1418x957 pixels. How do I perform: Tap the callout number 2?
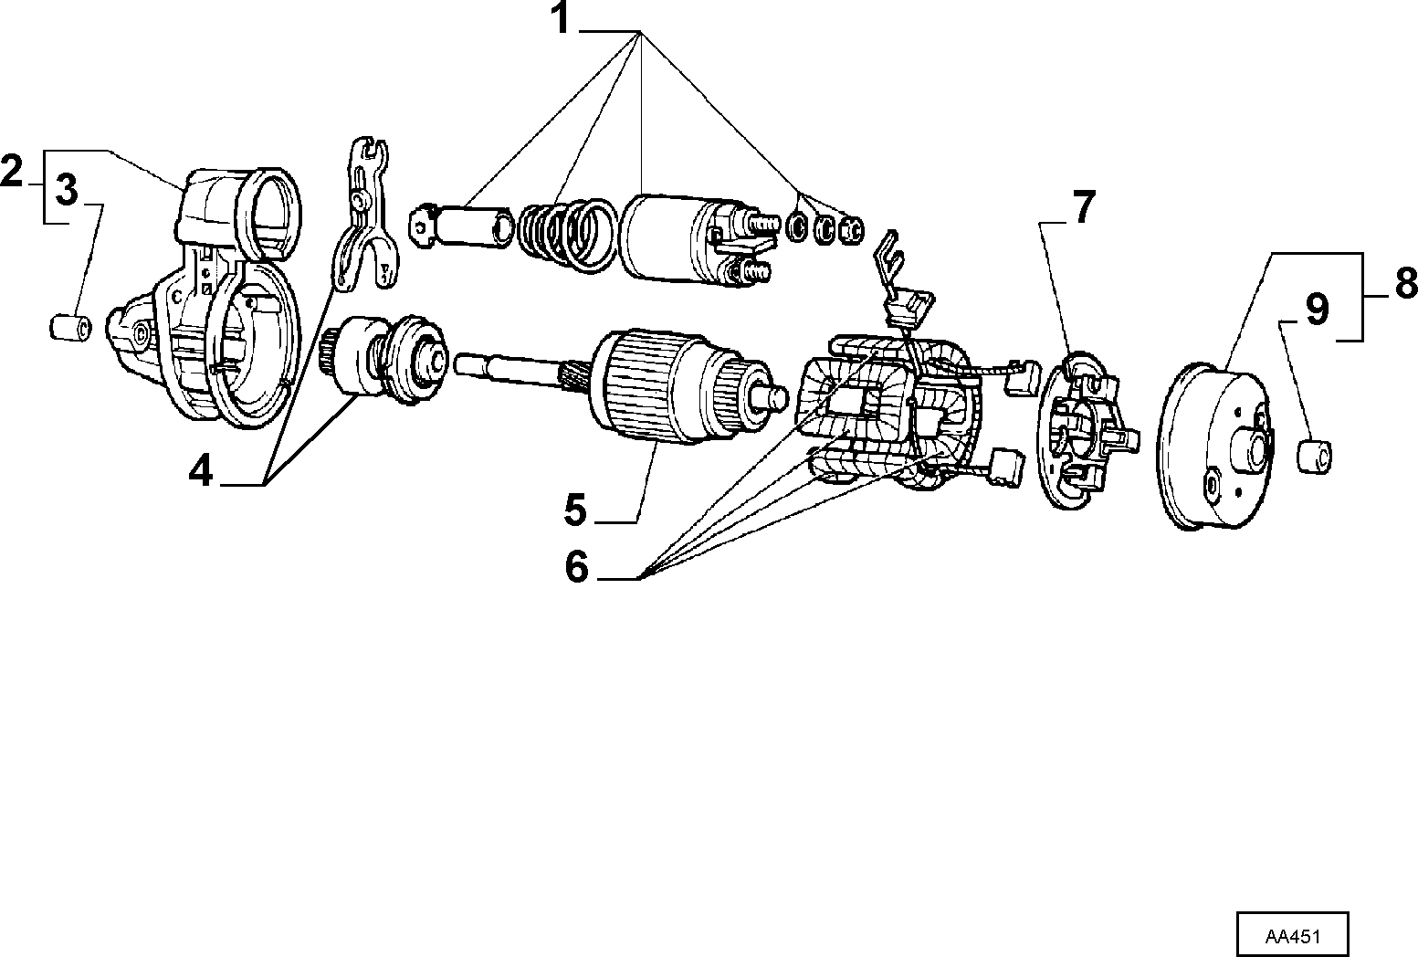pos(12,170)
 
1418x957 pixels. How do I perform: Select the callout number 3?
pos(67,189)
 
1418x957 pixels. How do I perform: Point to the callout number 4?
pos(201,470)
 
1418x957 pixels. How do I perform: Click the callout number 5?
pos(575,510)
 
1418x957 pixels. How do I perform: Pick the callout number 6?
pos(577,566)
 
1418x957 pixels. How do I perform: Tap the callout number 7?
pos(1084,206)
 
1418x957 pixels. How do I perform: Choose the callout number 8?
pos(1406,282)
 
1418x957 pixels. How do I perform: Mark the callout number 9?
pos(1318,310)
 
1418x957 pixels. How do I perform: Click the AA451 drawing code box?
pos(1293,933)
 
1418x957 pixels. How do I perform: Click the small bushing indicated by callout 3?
pos(70,328)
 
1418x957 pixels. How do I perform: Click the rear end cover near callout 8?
pos(1215,447)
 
